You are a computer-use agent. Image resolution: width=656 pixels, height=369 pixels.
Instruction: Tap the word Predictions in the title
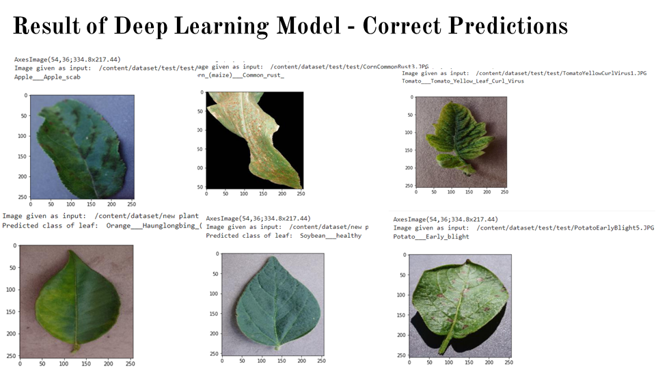(510, 26)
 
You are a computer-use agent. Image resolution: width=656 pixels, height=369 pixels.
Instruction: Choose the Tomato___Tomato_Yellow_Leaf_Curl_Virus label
(463, 81)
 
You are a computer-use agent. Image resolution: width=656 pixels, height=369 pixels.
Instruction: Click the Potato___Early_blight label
(430, 236)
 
